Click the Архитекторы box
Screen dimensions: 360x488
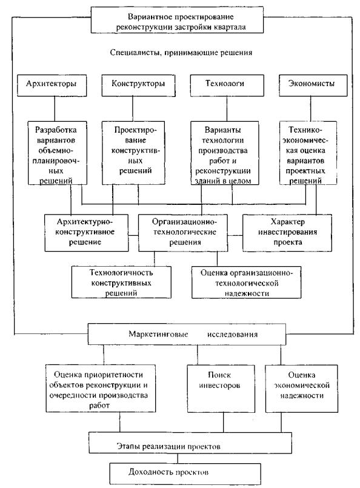[52, 85]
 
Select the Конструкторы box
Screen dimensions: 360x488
[138, 85]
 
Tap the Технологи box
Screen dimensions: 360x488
[227, 85]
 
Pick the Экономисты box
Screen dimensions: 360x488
[313, 85]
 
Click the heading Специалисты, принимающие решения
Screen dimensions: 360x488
[181, 53]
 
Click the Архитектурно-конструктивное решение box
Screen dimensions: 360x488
[87, 233]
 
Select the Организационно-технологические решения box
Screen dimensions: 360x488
[183, 233]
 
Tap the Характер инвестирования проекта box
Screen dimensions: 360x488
[287, 233]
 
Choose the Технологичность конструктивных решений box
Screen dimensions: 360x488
[121, 282]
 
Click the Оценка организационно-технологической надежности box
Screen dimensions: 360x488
[247, 282]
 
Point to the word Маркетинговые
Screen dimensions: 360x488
[158, 334]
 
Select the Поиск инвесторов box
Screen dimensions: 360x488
[221, 389]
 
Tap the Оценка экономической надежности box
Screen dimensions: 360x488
[301, 389]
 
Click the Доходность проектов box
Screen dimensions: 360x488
[185, 473]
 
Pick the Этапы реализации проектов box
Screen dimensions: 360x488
[190, 443]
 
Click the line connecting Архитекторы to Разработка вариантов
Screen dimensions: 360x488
[55, 109]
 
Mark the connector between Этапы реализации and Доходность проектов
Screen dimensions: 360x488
[178, 458]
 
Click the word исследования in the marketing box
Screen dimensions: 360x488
[233, 335]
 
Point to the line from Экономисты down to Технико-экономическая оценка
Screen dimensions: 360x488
[310, 109]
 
